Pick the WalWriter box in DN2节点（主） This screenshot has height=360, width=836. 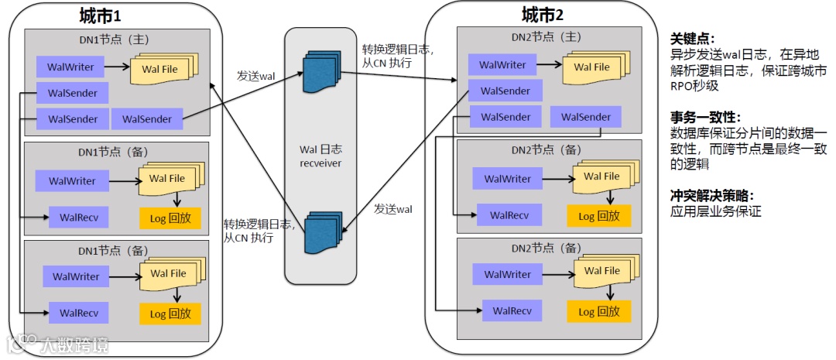503,64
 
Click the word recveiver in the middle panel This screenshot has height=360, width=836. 320,162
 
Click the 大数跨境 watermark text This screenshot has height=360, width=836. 74,345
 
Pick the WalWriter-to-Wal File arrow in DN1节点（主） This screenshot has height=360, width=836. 118,67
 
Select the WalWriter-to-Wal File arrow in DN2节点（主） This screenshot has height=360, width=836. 550,64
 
